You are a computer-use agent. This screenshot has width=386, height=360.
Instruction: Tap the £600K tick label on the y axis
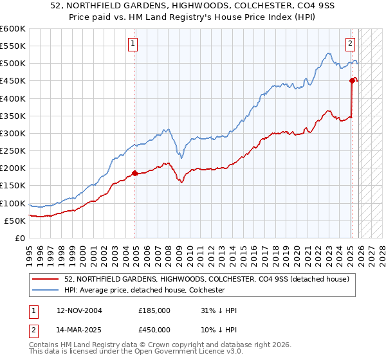[12, 29]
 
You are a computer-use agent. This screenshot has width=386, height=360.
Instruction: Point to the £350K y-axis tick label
[12, 116]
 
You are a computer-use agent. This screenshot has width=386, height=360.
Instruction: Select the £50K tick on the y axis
[15, 221]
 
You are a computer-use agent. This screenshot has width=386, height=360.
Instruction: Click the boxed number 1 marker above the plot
[133, 44]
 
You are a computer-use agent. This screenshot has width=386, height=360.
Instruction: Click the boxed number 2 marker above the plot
[350, 44]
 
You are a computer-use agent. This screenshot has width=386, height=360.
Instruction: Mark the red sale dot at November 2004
[134, 173]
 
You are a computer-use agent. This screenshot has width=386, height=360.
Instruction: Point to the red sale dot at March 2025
[352, 80]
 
